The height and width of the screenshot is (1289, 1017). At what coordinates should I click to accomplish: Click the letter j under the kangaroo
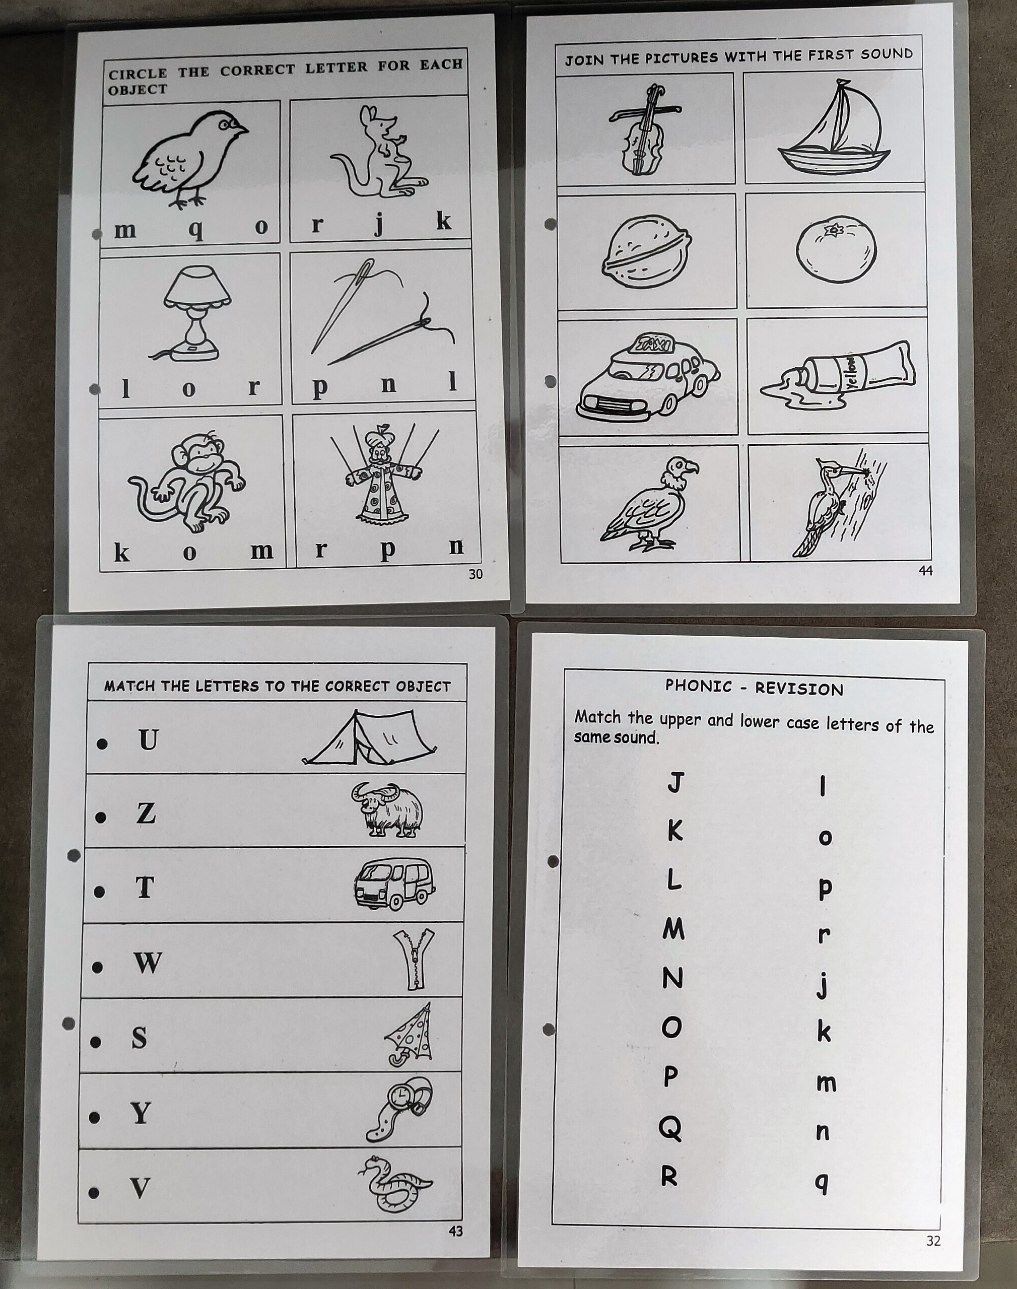coord(379,225)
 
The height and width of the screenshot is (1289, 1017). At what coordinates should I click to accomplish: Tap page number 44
coord(926,570)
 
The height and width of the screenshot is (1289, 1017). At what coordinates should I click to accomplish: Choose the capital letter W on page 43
coord(148,962)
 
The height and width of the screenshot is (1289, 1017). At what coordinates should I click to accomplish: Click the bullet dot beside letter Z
coord(102,818)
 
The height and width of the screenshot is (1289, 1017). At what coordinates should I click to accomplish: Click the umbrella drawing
coord(410,1036)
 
